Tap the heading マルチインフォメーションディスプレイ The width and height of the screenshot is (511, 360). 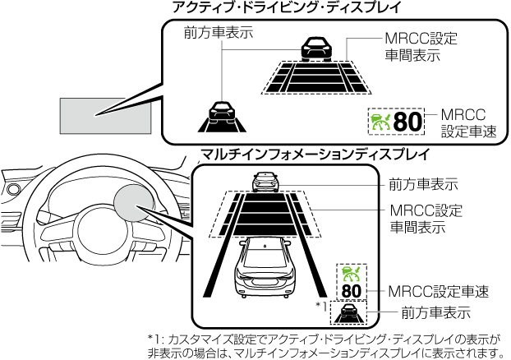click(315, 154)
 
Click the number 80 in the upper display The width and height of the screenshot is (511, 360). click(407, 122)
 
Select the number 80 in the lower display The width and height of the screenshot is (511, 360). click(351, 292)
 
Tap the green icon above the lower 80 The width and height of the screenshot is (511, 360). click(351, 274)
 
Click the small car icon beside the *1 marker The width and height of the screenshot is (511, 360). click(352, 312)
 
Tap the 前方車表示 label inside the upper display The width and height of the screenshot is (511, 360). click(218, 34)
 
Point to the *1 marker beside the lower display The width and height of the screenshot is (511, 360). click(321, 306)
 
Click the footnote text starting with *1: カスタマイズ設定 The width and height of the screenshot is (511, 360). click(325, 346)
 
